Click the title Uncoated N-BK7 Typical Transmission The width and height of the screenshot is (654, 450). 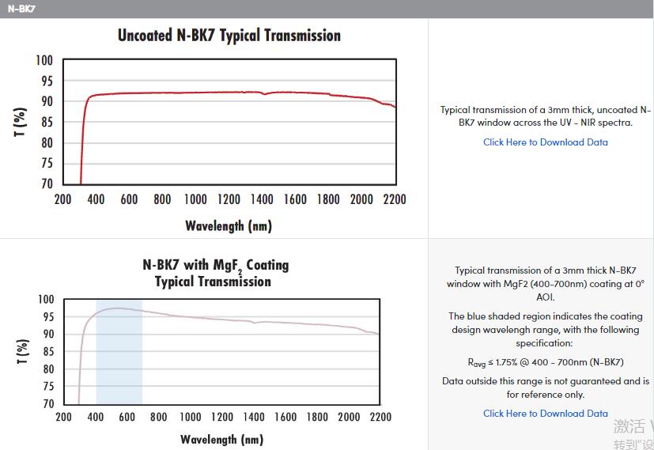[229, 36]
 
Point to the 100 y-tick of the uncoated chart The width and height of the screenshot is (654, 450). [44, 61]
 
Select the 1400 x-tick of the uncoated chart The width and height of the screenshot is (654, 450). [262, 199]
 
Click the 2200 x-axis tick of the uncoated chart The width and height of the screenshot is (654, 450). [395, 199]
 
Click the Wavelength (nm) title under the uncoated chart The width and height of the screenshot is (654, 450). [229, 226]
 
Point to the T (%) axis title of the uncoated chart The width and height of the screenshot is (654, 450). [21, 121]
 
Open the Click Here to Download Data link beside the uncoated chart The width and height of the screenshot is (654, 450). [546, 142]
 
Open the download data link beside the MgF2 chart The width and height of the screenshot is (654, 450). [546, 414]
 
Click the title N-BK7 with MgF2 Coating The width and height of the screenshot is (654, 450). [215, 265]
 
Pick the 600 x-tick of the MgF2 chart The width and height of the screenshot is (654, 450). [127, 417]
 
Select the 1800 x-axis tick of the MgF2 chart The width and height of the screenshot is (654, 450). [317, 417]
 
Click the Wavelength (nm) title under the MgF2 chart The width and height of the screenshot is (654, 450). [221, 439]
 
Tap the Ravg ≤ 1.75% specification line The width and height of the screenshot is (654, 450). [546, 362]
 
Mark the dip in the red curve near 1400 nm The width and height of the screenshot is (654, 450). [264, 94]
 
